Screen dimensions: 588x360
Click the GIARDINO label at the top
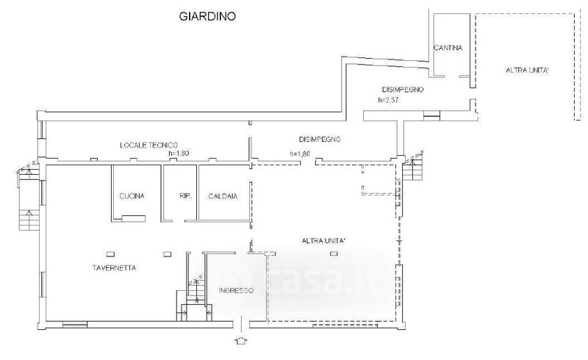pos(207,16)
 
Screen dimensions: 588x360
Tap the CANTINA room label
pos(448,48)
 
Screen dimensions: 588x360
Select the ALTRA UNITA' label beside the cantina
pos(527,70)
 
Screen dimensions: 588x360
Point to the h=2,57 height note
pos(388,100)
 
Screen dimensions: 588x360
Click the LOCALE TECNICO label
pos(149,145)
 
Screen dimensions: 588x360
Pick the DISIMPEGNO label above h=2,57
pos(403,90)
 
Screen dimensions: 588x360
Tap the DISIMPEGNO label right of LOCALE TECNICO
pos(320,139)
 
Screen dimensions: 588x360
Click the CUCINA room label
pos(132,195)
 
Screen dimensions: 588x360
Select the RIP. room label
pos(186,195)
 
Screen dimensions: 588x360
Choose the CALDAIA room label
pos(223,196)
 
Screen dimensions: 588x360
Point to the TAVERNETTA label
pos(114,267)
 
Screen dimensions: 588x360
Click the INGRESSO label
pos(236,291)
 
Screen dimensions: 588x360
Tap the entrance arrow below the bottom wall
pos(240,340)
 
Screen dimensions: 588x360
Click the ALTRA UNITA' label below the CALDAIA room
pos(323,241)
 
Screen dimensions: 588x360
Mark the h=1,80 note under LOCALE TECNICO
pos(179,153)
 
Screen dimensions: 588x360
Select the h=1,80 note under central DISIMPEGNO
pos(300,154)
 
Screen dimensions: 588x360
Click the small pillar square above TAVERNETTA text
pos(110,254)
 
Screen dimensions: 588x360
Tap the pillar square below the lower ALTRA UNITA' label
pos(334,253)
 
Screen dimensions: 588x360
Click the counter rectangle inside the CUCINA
pos(134,218)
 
